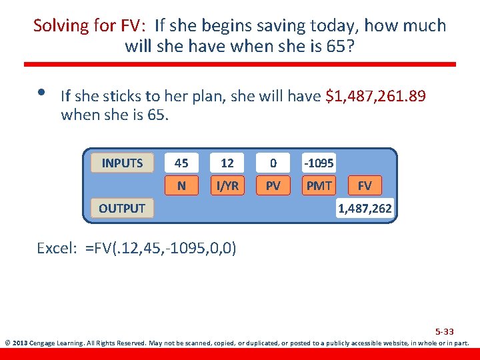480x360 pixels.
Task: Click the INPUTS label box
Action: click(x=122, y=163)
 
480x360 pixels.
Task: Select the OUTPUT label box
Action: click(x=122, y=208)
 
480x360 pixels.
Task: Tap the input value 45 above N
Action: click(x=181, y=163)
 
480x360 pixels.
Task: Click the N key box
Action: click(x=181, y=185)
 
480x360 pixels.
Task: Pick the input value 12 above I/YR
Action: click(x=227, y=163)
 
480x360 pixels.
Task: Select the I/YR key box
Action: click(x=227, y=185)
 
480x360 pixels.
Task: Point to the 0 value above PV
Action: click(x=273, y=163)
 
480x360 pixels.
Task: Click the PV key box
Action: click(x=273, y=185)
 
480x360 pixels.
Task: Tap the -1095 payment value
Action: click(x=319, y=163)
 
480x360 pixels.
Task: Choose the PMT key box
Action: click(x=319, y=185)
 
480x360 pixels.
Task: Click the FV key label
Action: click(x=365, y=185)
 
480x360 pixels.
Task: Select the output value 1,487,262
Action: click(x=365, y=209)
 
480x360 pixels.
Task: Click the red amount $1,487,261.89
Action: click(x=375, y=97)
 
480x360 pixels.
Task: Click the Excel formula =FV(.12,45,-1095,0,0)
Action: click(x=160, y=248)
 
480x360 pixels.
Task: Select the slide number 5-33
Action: click(x=444, y=331)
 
